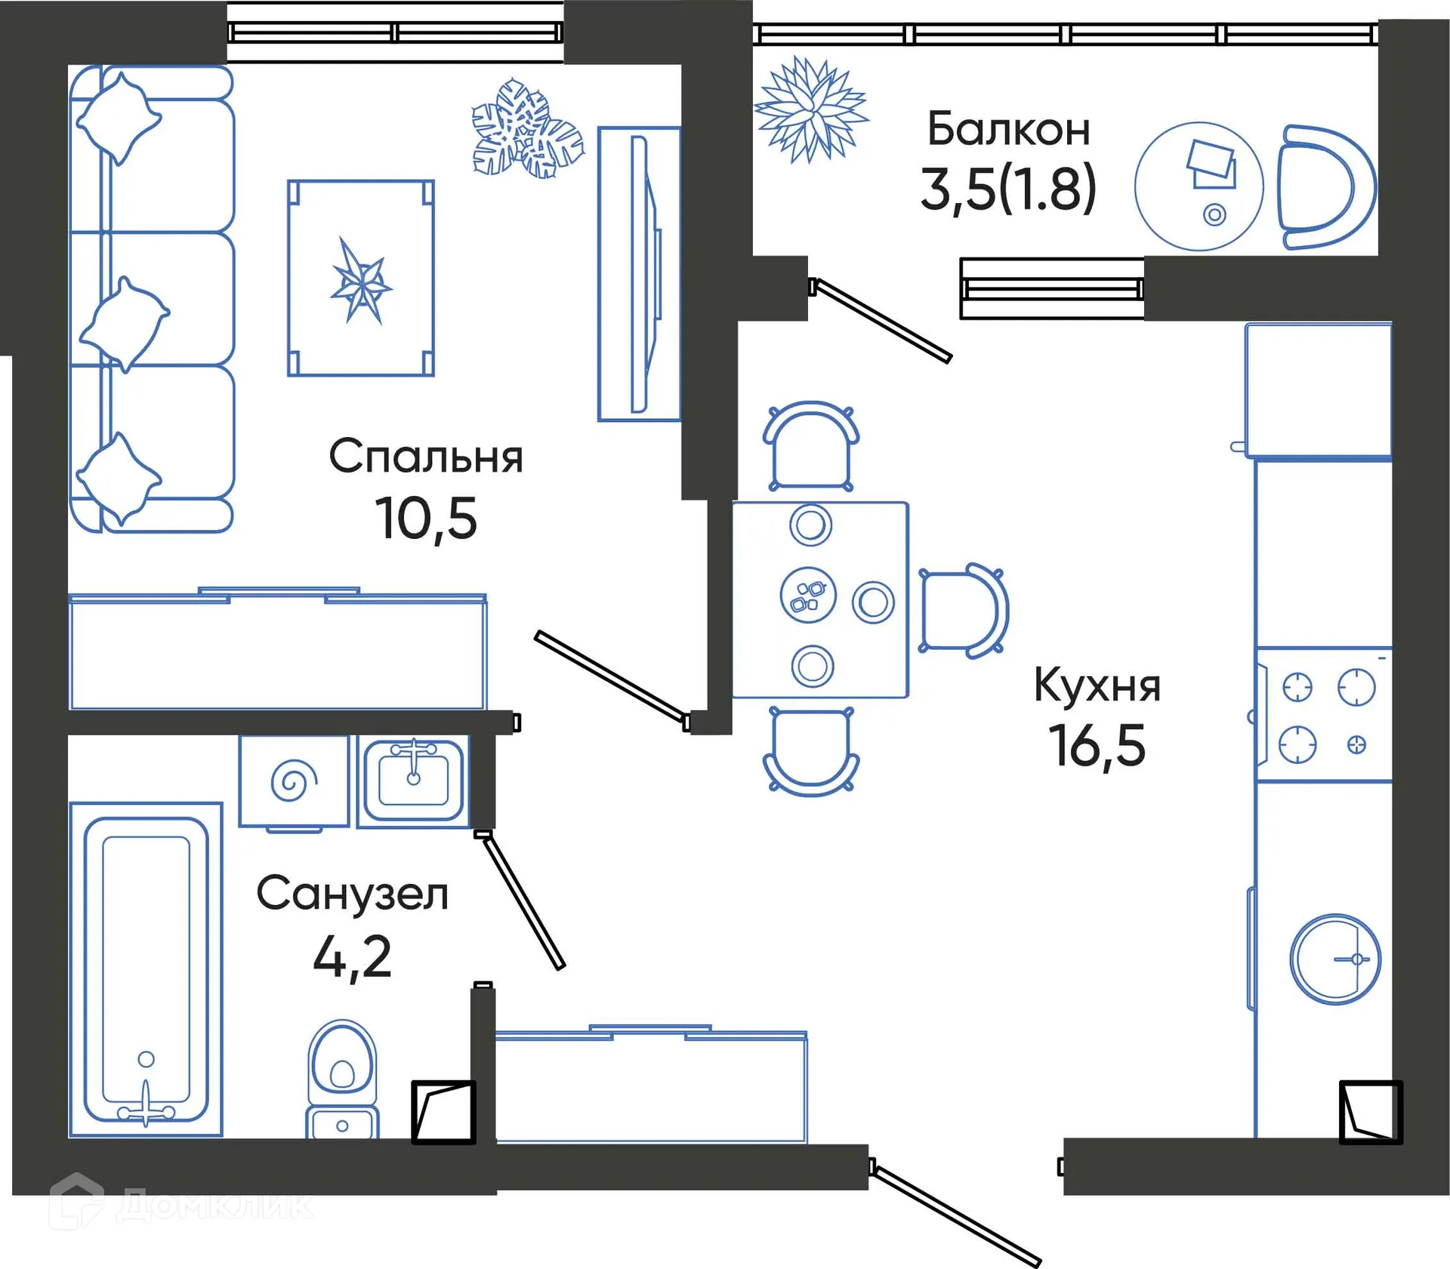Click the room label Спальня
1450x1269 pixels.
point(425,457)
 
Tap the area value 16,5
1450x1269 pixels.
point(1097,746)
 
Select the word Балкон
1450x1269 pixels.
point(1008,130)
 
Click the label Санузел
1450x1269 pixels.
point(352,894)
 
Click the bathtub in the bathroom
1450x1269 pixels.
point(146,969)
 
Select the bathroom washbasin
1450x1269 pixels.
point(412,781)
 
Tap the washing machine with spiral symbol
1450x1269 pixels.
point(294,782)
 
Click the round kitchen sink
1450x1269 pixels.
point(1334,959)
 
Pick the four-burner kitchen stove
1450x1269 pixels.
point(1325,715)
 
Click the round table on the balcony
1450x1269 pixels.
point(1199,186)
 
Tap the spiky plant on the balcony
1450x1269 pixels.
point(812,110)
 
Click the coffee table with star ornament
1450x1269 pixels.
point(361,278)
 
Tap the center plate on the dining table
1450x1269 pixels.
point(808,595)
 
